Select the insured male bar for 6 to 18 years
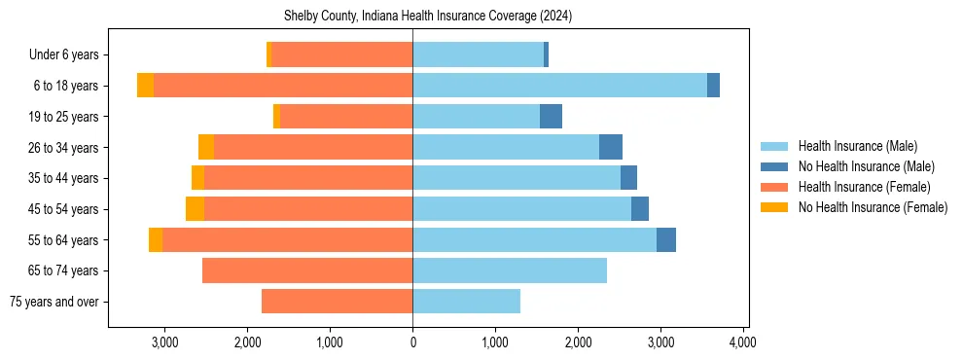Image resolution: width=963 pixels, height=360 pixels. (x=559, y=86)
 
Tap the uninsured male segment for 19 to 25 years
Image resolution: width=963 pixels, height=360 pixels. (x=551, y=117)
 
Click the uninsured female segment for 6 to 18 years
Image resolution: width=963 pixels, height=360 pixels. (x=145, y=86)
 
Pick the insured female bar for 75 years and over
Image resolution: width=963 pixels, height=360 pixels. (x=337, y=302)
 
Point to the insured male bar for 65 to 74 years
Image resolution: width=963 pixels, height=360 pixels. (x=510, y=270)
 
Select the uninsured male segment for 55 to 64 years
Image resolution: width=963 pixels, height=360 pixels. (x=666, y=239)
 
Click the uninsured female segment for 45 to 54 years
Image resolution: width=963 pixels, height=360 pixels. (x=195, y=209)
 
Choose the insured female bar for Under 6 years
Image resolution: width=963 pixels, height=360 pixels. (x=341, y=54)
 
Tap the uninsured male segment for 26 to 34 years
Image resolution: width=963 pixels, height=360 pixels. (x=611, y=147)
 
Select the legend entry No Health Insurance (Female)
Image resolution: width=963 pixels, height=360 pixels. (x=873, y=207)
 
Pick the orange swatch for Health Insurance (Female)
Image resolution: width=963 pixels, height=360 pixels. (x=774, y=187)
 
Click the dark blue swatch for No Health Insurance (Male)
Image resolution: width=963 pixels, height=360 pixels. (x=774, y=166)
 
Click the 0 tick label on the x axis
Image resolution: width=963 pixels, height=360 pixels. (x=412, y=342)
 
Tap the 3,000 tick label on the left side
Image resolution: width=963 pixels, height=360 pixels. (x=164, y=342)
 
